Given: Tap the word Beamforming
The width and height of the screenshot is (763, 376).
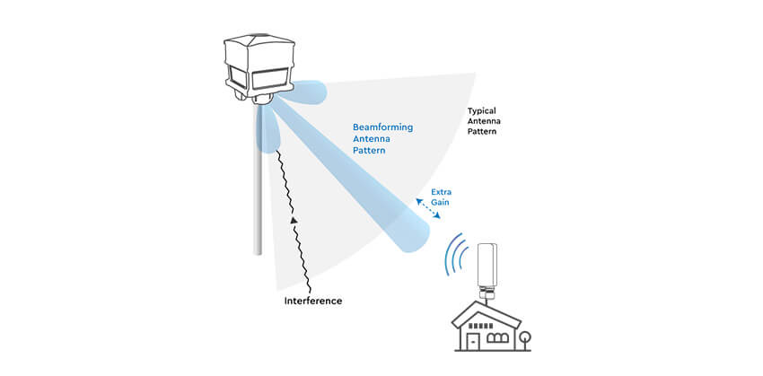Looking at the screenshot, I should pyautogui.click(x=382, y=127).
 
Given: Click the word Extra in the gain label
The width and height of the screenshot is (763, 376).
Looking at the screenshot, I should pyautogui.click(x=442, y=193).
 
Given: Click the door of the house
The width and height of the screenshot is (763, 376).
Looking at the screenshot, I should pyautogui.click(x=472, y=338).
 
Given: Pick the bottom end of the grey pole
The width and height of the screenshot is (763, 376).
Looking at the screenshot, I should pyautogui.click(x=259, y=251).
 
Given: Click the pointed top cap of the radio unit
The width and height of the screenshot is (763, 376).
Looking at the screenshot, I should pyautogui.click(x=259, y=39).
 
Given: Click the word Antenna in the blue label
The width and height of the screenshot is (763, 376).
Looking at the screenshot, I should pyautogui.click(x=372, y=139).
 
